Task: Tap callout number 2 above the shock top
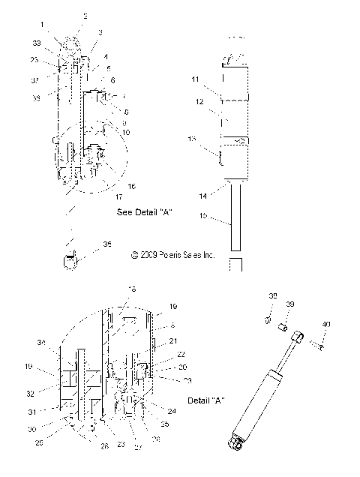point(85,15)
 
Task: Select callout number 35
point(107,244)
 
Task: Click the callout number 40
point(325,324)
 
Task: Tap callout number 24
point(172,411)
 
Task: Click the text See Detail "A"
point(145,212)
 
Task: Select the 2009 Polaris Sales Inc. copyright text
point(172,255)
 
